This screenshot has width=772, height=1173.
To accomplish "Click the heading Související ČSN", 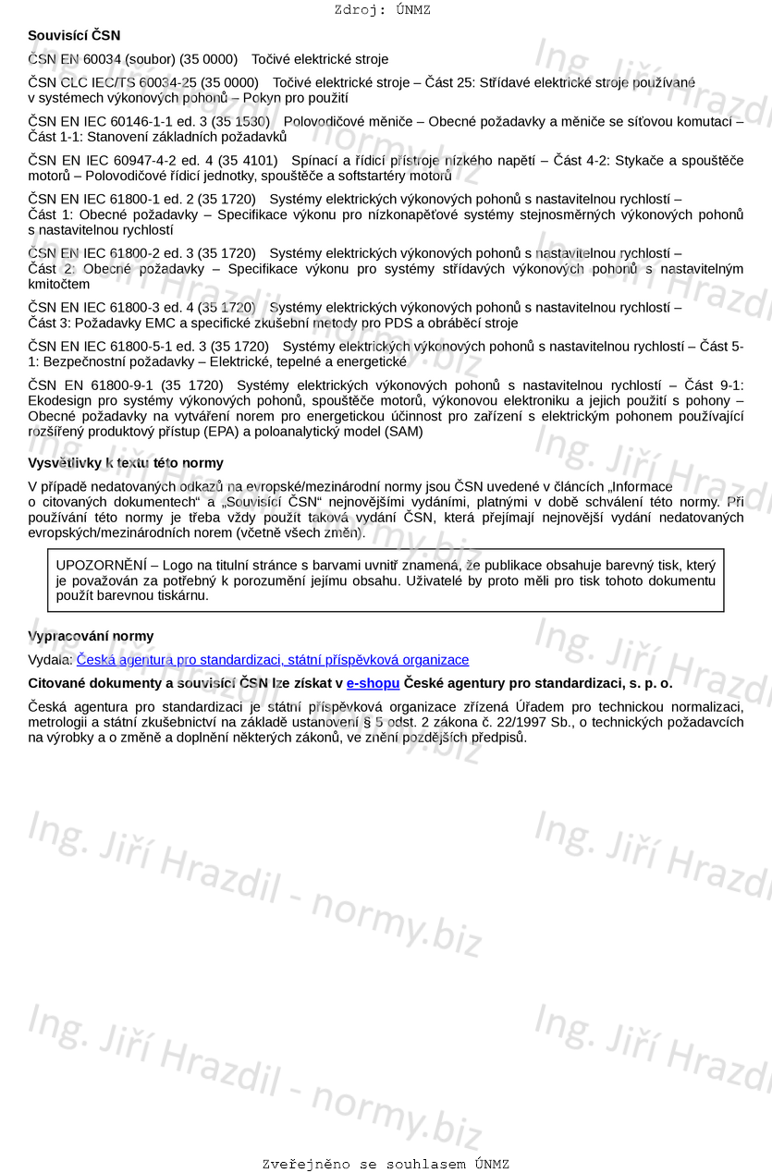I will pyautogui.click(x=74, y=35).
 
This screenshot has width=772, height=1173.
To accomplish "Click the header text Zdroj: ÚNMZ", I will pyautogui.click(x=382, y=10).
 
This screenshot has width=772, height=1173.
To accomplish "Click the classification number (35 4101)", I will pyautogui.click(x=247, y=160).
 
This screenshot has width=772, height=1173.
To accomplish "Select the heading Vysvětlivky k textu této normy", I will pyautogui.click(x=126, y=462).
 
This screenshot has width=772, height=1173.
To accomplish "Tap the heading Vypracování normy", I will pyautogui.click(x=91, y=636).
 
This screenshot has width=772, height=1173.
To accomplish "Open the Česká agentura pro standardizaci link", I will pyautogui.click(x=273, y=660).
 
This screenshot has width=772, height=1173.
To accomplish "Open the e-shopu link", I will pyautogui.click(x=373, y=683).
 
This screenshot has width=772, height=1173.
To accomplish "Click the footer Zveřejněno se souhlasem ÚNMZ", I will pyautogui.click(x=386, y=1165).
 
